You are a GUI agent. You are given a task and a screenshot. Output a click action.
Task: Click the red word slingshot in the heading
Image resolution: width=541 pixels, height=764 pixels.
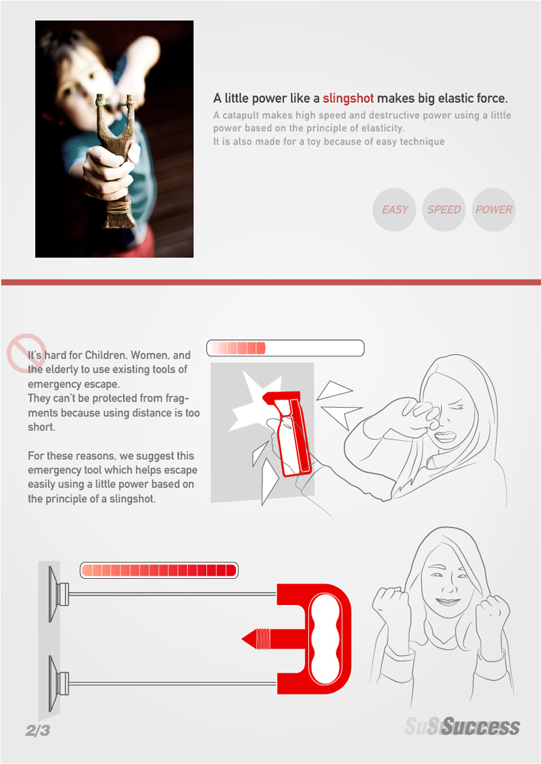click(x=348, y=99)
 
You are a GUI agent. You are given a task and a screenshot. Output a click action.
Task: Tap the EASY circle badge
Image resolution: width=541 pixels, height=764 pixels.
click(x=394, y=210)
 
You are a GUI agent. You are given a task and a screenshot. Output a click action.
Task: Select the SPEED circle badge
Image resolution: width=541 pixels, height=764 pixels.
click(x=444, y=210)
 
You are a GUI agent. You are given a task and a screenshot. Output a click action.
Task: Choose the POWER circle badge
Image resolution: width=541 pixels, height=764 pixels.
click(x=494, y=210)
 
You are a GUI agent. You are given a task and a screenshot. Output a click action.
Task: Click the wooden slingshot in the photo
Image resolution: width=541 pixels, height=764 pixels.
click(x=116, y=161)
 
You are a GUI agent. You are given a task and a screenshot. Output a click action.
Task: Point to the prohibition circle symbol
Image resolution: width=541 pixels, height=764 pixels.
click(x=26, y=353)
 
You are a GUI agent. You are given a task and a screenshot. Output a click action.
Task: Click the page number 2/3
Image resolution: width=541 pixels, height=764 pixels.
click(x=37, y=730)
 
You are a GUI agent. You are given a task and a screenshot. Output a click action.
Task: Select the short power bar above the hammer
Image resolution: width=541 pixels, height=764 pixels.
click(x=285, y=348)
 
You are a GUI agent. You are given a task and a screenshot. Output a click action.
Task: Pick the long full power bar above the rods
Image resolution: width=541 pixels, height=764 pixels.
click(x=159, y=570)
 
